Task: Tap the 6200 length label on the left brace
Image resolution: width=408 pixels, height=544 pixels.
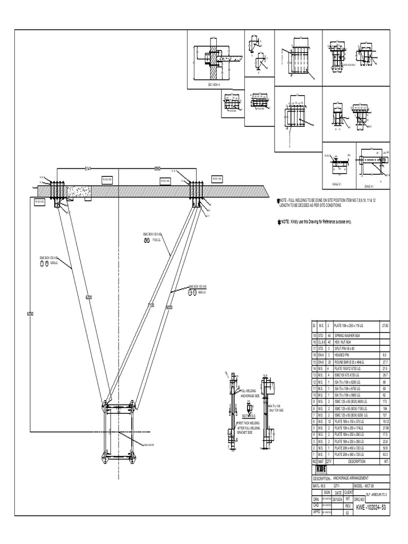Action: [x=89, y=297]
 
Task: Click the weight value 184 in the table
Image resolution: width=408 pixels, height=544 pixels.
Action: [x=384, y=409]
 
